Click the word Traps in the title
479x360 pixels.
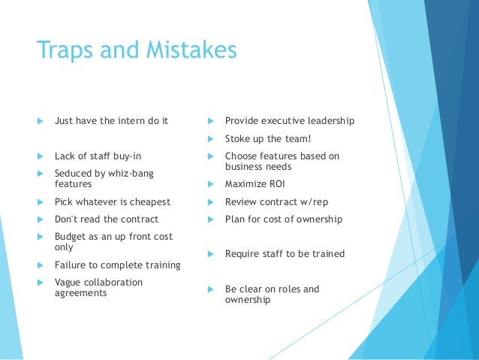(62, 50)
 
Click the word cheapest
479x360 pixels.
(149, 201)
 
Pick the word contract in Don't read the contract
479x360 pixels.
(137, 219)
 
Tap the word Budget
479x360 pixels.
(70, 236)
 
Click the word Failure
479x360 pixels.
(71, 265)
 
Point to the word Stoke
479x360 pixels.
(238, 138)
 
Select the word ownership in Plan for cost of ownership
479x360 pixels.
(317, 219)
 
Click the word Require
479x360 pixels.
(242, 254)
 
